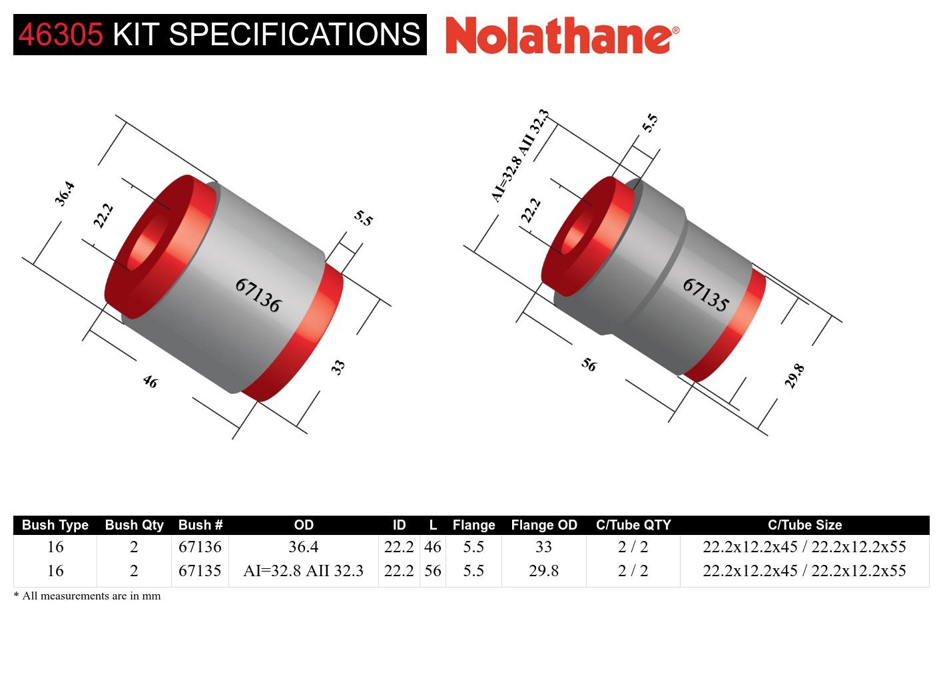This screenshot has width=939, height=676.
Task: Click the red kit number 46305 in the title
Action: tap(61, 34)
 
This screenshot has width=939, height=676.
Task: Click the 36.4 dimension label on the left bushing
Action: tap(65, 194)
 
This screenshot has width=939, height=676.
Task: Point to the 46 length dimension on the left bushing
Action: tap(150, 381)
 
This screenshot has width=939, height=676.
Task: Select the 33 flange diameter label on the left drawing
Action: tap(338, 367)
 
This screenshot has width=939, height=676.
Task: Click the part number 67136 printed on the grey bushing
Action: tap(258, 295)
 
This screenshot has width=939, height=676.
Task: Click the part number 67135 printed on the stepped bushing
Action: tap(706, 295)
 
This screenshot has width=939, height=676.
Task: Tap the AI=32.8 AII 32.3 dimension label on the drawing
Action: tap(520, 156)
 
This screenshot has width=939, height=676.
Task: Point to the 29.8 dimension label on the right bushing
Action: tap(794, 376)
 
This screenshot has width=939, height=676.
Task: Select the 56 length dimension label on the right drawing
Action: tap(589, 365)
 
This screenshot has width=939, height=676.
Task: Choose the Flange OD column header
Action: tap(543, 525)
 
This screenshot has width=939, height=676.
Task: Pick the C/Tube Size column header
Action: tap(804, 525)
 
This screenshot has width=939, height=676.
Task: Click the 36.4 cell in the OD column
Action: tap(303, 547)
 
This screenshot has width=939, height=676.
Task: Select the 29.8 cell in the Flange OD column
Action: tap(543, 571)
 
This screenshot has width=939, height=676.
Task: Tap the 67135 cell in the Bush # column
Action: tap(200, 571)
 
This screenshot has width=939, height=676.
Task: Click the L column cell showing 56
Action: tap(432, 571)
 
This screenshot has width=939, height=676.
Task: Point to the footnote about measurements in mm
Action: tap(87, 595)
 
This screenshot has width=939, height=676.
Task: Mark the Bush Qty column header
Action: tap(134, 525)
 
